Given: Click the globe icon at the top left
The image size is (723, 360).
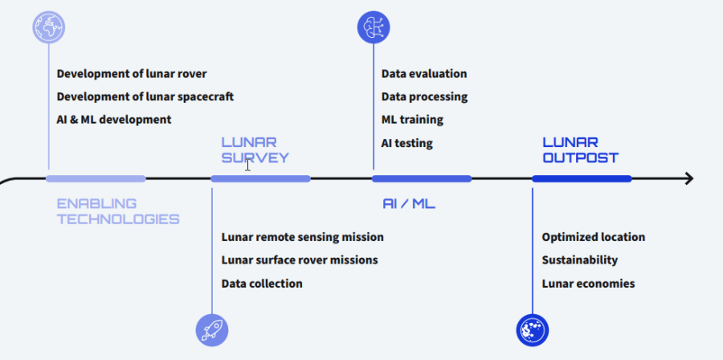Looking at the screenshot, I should [48, 27].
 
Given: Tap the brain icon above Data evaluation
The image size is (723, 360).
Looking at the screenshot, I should [373, 27].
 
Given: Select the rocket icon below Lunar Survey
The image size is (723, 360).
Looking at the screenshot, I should [212, 329].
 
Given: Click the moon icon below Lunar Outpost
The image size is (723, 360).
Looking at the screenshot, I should [532, 329].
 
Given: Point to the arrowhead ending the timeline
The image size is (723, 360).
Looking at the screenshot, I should [688, 178].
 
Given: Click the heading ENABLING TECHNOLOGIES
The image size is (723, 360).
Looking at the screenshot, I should [117, 211].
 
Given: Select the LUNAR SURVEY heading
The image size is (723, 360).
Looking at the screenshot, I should [255, 150].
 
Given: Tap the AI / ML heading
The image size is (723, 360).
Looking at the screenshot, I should [408, 204].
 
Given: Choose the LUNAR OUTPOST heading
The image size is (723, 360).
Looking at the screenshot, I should [580, 150].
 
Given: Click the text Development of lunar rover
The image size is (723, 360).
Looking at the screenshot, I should [132, 74].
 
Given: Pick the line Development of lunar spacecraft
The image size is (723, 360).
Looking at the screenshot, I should [145, 96].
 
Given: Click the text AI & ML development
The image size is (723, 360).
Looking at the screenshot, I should [113, 120].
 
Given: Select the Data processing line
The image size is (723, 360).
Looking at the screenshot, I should [424, 96].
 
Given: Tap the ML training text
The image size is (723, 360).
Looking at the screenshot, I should [412, 120].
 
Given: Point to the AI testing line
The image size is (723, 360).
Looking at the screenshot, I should [406, 143].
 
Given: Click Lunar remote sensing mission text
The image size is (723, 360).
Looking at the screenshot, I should [302, 237].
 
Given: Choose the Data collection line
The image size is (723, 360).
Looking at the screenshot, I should [262, 284].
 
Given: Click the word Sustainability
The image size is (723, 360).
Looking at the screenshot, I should [579, 260].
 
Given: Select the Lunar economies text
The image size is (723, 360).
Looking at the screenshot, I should [588, 284].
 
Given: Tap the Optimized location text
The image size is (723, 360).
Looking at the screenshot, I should [593, 237].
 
